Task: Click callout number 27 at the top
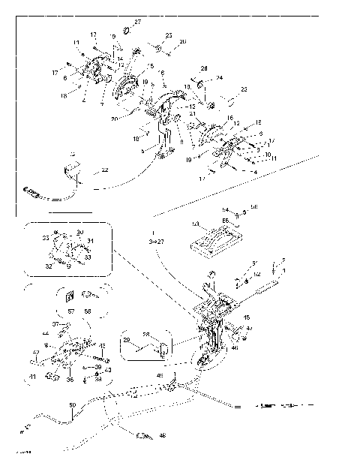(137, 22)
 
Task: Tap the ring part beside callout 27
(126, 30)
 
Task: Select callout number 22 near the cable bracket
(104, 170)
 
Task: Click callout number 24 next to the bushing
(220, 77)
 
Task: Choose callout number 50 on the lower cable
(72, 406)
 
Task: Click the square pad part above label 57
(70, 294)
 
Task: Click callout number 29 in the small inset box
(127, 341)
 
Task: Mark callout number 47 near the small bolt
(249, 329)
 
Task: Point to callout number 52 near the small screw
(256, 275)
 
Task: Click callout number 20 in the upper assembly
(113, 119)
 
